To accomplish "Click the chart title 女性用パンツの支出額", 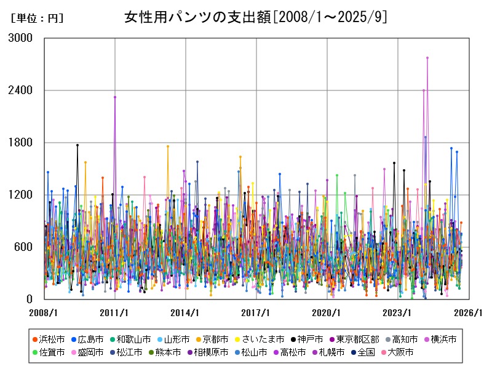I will pyautogui.click(x=255, y=17).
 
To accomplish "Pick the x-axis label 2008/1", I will pyautogui.click(x=43, y=312).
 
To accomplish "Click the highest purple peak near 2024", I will pyautogui.click(x=427, y=58).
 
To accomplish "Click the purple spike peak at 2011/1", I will pyautogui.click(x=115, y=97).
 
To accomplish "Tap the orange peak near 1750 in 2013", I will pyautogui.click(x=167, y=146).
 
